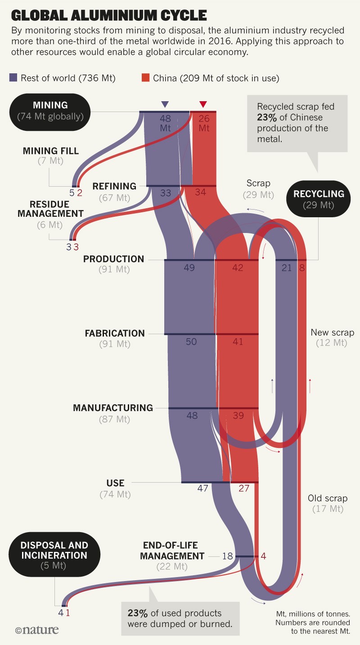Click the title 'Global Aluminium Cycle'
[x=108, y=15]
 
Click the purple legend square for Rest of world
[x=13, y=78]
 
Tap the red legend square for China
[x=145, y=78]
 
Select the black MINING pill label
[x=50, y=111]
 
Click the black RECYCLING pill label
[x=319, y=199]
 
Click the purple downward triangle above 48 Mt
[x=165, y=104]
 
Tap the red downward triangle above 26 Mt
[x=203, y=104]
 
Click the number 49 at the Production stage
[x=189, y=268]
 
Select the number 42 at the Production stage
[x=238, y=268]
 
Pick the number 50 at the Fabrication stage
[x=191, y=342]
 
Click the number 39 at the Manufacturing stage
[x=238, y=416]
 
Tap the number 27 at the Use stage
[x=243, y=488]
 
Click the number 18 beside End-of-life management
[x=228, y=556]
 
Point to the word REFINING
[x=114, y=186]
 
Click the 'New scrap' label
[x=333, y=333]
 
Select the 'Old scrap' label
[x=328, y=498]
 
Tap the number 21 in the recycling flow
[x=287, y=268]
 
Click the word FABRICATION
[x=115, y=333]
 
